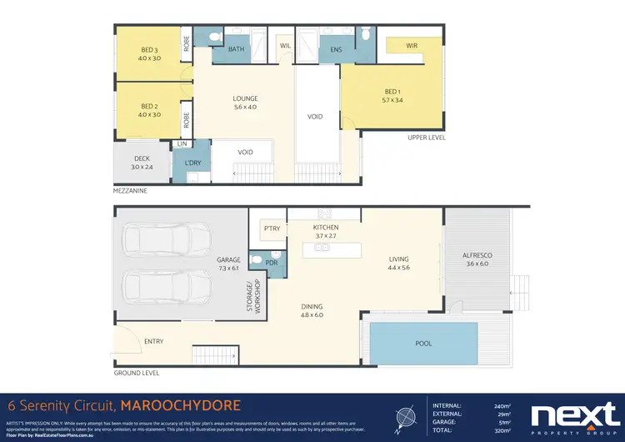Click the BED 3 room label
pyautogui.click(x=150, y=54)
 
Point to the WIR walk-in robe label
pyautogui.click(x=412, y=46)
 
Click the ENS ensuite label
pyautogui.click(x=337, y=49)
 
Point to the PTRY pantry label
pyautogui.click(x=271, y=228)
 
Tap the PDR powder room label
pyautogui.click(x=271, y=263)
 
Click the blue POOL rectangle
pyautogui.click(x=425, y=342)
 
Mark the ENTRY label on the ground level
pyautogui.click(x=154, y=342)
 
